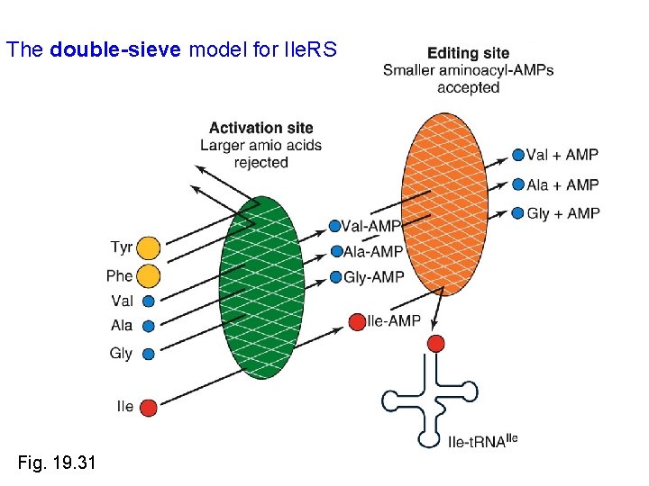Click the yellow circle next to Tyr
click(149, 248)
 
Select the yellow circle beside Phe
click(149, 276)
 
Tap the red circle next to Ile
click(149, 408)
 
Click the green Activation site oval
click(261, 288)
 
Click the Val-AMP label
click(370, 226)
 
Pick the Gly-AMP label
click(373, 277)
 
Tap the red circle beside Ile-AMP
click(357, 321)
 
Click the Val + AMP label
click(562, 155)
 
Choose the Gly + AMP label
click(562, 212)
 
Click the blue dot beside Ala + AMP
click(518, 184)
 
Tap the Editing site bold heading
click(468, 53)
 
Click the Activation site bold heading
click(261, 128)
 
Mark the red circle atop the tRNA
click(436, 343)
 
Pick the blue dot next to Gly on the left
click(149, 354)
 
